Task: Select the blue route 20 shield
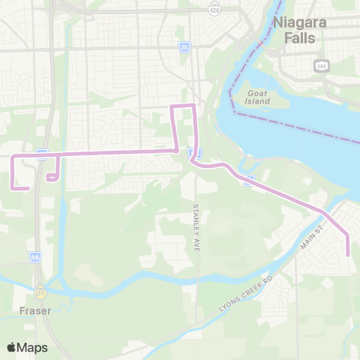(x=184, y=46)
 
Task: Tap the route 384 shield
(x=321, y=65)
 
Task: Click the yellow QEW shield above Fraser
(x=42, y=285)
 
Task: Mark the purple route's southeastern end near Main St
(x=349, y=255)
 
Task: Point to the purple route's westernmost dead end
(x=28, y=187)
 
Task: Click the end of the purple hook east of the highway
(x=47, y=179)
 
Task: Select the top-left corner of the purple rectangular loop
(x=173, y=106)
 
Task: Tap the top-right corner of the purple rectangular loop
(x=195, y=106)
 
